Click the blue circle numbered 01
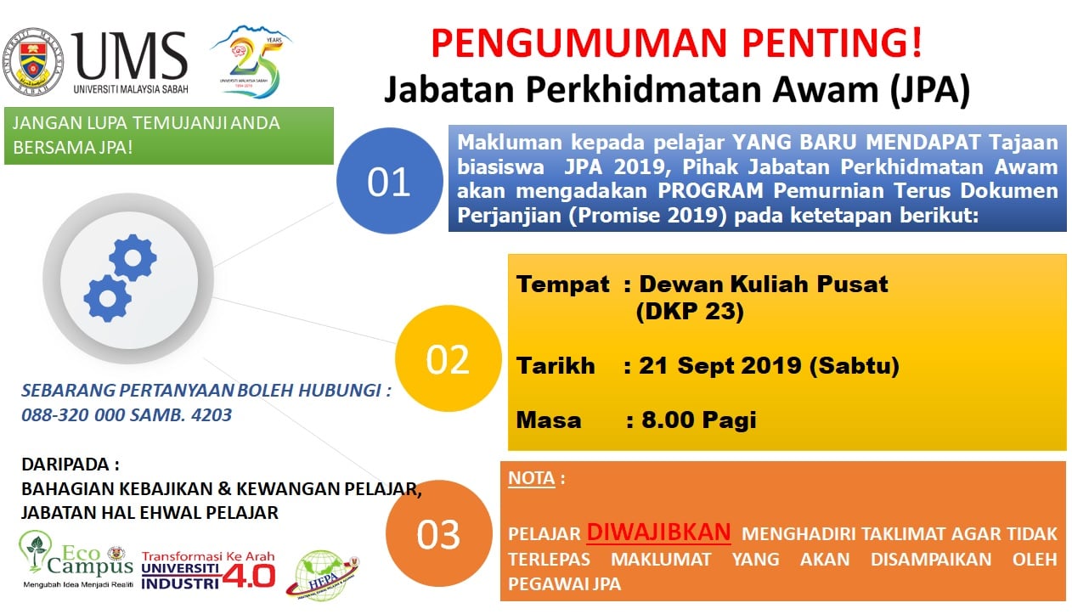pos(390,181)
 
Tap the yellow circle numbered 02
pos(448,358)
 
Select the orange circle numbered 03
pos(439,533)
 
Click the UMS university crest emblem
pos(33,62)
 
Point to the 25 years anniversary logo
pos(251,62)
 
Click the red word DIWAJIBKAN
pos(658,532)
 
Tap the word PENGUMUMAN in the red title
pos(579,43)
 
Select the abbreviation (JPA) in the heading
pos(930,90)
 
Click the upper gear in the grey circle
pos(133,258)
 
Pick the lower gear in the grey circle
pos(108,299)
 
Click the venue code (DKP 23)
pos(690,312)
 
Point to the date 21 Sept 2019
pos(720,366)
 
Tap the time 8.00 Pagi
pos(699,420)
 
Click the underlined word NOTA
pos(531,478)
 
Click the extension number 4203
pos(212,414)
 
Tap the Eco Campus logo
pos(76,559)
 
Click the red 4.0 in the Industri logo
pos(249,576)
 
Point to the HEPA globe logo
pos(323,575)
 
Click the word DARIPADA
pos(65,465)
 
